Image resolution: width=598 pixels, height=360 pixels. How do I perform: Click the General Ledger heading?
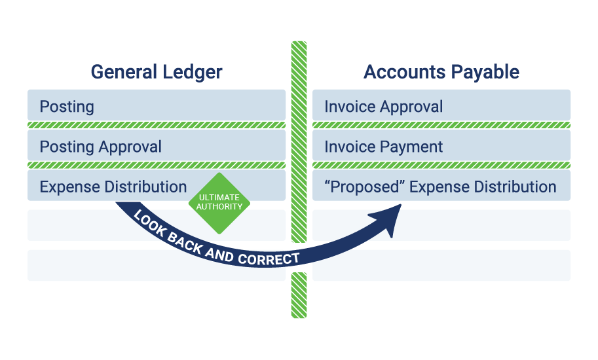pos(157,72)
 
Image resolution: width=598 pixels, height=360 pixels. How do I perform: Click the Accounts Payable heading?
pos(441,72)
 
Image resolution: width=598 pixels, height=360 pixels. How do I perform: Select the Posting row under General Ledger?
pos(156,106)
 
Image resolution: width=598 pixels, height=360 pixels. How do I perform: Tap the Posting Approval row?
pos(156,146)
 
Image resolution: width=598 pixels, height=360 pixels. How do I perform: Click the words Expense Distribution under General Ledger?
pos(113,187)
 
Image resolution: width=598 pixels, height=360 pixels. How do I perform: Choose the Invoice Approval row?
pos(441,106)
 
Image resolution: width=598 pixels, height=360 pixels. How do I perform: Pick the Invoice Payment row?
pos(441,146)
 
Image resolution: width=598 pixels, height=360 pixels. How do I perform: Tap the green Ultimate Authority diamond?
pos(219,202)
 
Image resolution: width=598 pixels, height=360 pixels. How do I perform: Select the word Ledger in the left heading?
pos(193,72)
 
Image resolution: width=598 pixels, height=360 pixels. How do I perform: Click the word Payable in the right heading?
pos(488,72)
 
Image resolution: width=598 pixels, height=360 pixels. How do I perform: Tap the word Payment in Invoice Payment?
pos(413,146)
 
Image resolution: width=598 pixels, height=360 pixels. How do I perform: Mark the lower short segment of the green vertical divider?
pos(299,295)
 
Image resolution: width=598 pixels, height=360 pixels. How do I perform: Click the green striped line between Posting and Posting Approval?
pos(156,125)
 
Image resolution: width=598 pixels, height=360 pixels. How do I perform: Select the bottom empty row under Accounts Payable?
pos(441,265)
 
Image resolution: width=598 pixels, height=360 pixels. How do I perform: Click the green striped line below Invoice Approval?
pos(441,125)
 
